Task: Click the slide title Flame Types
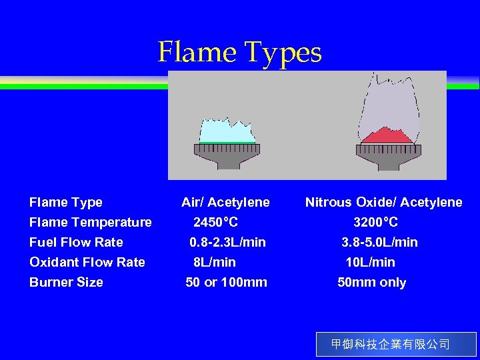pyautogui.click(x=239, y=52)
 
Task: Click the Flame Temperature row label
pyautogui.click(x=90, y=222)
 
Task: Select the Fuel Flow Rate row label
pyautogui.click(x=76, y=242)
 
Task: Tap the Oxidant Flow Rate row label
pyautogui.click(x=87, y=262)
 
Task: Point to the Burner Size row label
pyautogui.click(x=66, y=282)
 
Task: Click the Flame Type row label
pyautogui.click(x=65, y=202)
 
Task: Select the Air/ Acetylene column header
pyautogui.click(x=225, y=202)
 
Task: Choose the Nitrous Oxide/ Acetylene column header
pyautogui.click(x=383, y=202)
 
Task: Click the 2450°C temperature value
pyautogui.click(x=215, y=222)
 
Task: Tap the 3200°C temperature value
pyautogui.click(x=375, y=222)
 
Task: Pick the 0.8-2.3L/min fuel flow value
pyautogui.click(x=227, y=242)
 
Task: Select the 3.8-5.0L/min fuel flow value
pyautogui.click(x=379, y=242)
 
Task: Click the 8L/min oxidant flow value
pyautogui.click(x=214, y=262)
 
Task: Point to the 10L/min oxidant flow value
pyautogui.click(x=370, y=262)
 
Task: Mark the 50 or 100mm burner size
pyautogui.click(x=226, y=282)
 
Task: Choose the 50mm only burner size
pyautogui.click(x=371, y=282)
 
